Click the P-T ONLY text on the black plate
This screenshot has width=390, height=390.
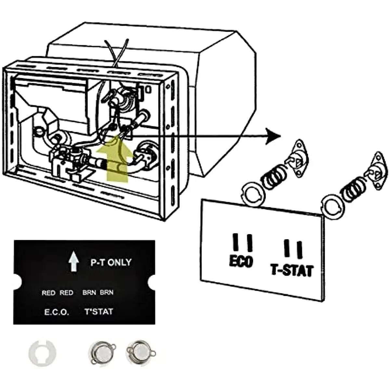click(111, 263)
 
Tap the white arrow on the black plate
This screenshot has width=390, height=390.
click(74, 263)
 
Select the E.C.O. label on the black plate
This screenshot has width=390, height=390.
click(57, 312)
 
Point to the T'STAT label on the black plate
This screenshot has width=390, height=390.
click(99, 312)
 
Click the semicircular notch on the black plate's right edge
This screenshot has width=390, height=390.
click(151, 283)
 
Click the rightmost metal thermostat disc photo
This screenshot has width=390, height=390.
click(141, 352)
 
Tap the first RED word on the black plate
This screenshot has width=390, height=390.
click(48, 293)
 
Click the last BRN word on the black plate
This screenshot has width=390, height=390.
click(107, 292)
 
